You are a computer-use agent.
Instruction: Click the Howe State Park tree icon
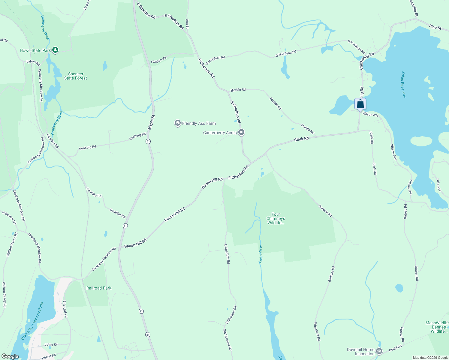[x=55, y=50]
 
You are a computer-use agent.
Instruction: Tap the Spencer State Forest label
[x=76, y=76]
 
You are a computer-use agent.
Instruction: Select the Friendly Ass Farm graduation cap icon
[x=178, y=123]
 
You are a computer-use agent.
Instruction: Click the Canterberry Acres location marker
[x=241, y=132]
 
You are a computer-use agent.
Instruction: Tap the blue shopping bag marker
[x=360, y=104]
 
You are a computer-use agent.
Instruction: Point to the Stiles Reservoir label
[x=404, y=85]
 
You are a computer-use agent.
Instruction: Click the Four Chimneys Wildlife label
[x=276, y=218]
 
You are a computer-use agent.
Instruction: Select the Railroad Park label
[x=99, y=288]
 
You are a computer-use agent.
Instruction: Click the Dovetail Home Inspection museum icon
[x=379, y=351]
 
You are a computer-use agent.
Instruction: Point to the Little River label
[x=261, y=254]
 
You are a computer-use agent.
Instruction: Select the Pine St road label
[x=435, y=27]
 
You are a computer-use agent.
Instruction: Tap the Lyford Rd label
[x=33, y=62]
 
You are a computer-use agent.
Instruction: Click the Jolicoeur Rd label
[x=9, y=218]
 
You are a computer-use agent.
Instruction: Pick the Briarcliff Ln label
[x=65, y=309]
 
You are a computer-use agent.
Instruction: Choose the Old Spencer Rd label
[x=228, y=340]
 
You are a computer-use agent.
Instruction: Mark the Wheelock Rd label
[x=317, y=331]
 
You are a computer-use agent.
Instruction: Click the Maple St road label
[x=151, y=122]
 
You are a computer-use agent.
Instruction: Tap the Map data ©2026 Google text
[x=430, y=357]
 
